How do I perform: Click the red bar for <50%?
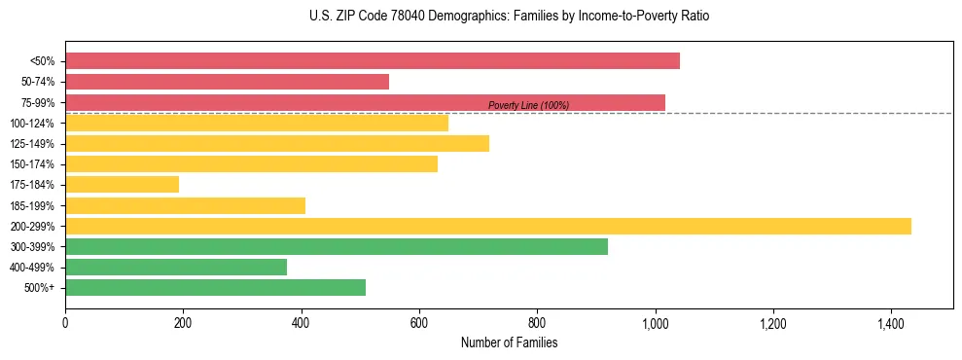pyautogui.click(x=373, y=61)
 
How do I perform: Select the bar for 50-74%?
pyautogui.click(x=227, y=82)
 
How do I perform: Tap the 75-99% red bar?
pyautogui.click(x=365, y=102)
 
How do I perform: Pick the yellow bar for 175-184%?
pyautogui.click(x=122, y=185)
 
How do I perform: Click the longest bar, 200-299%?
pyautogui.click(x=487, y=226)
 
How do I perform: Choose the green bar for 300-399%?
pyautogui.click(x=336, y=247)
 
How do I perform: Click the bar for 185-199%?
pyautogui.click(x=185, y=205)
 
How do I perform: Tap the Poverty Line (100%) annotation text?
pyautogui.click(x=528, y=105)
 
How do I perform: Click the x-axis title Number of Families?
pyautogui.click(x=509, y=342)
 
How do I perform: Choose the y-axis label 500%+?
pyautogui.click(x=40, y=288)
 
